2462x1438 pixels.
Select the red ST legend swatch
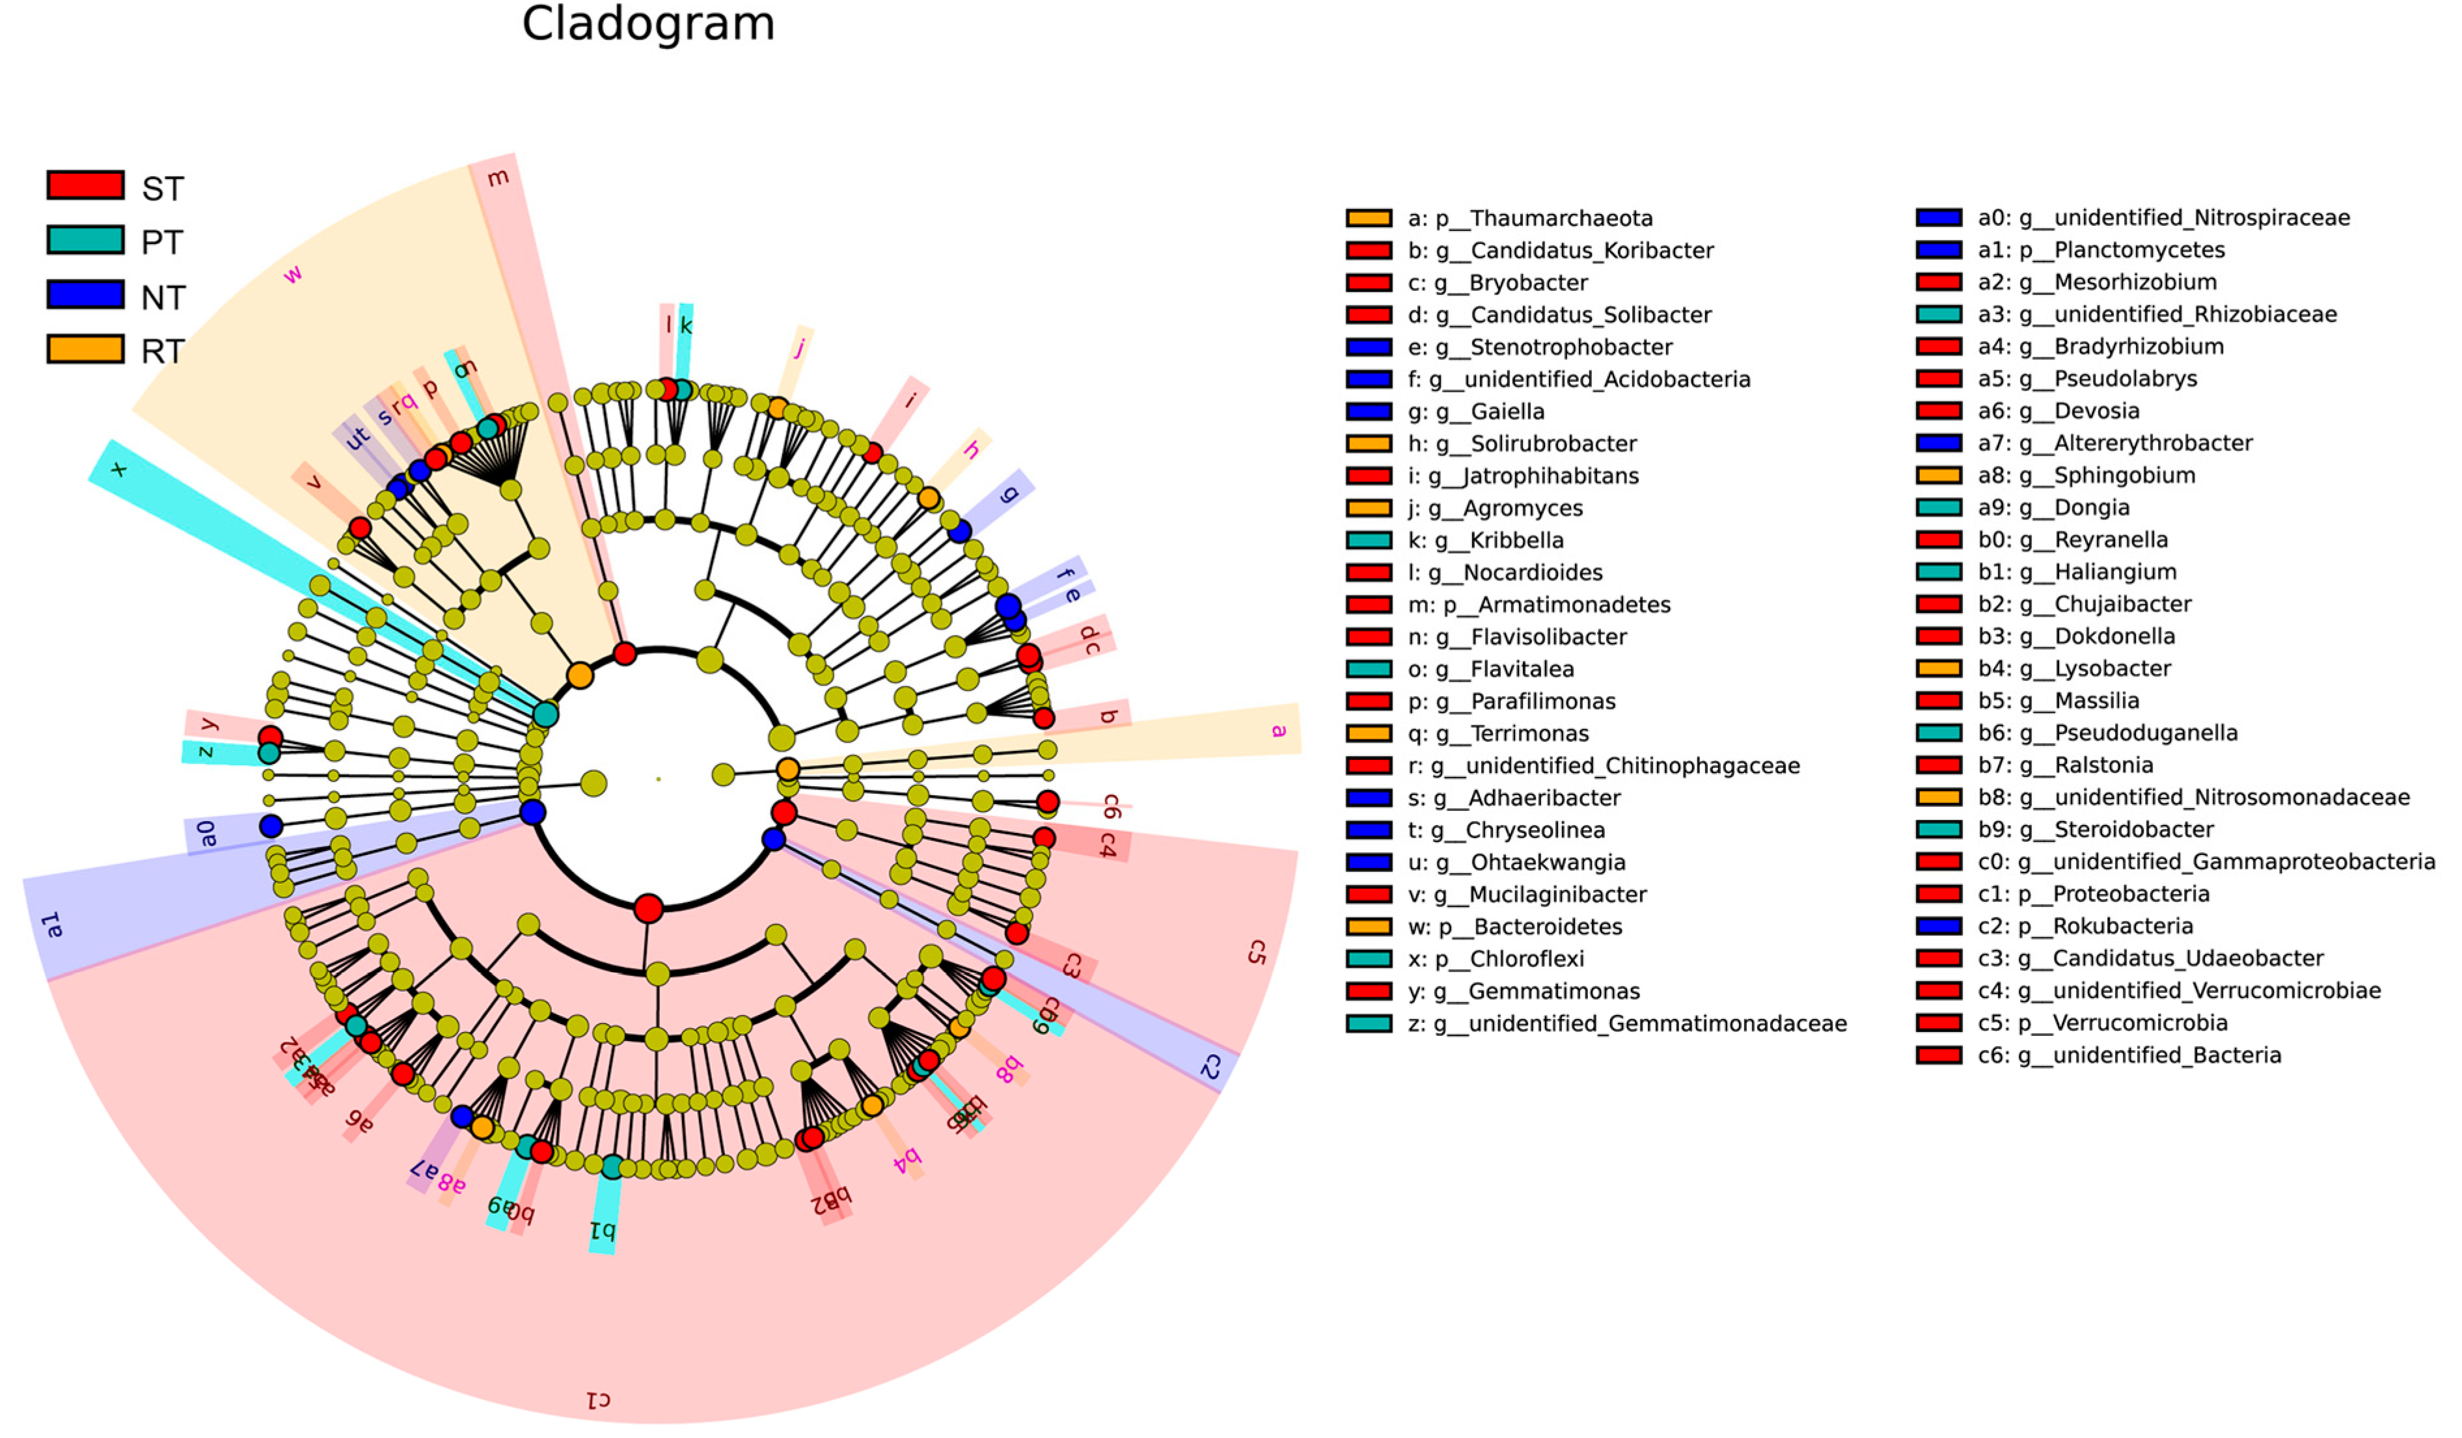(86, 185)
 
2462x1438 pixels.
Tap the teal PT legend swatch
(86, 240)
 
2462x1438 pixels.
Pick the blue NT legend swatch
(86, 295)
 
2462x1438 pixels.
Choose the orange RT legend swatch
(86, 349)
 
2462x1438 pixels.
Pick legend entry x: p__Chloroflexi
(1495, 959)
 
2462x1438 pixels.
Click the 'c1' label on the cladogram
(598, 1400)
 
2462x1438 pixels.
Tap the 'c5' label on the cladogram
(1257, 953)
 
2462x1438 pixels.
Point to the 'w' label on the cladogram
(292, 275)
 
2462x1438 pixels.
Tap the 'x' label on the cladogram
(119, 469)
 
